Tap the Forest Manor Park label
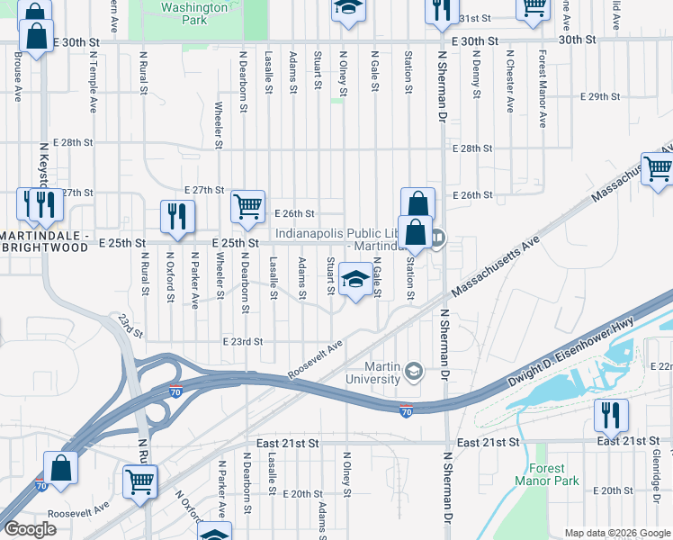pos(547,474)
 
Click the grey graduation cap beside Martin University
pos(413,370)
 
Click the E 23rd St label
pos(242,342)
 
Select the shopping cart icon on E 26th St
pos(247,206)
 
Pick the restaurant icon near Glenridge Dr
pos(611,415)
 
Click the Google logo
pos(31,529)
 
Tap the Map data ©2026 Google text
pos(617,533)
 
